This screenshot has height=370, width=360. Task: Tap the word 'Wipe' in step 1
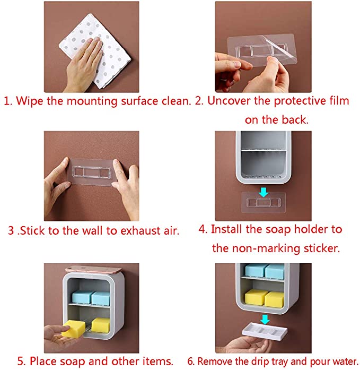click(x=30, y=101)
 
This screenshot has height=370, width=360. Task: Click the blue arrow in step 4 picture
click(x=263, y=192)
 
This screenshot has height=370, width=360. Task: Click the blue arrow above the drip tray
click(x=265, y=319)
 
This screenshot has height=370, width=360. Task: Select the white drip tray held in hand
click(x=265, y=331)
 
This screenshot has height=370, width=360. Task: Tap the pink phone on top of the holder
click(x=93, y=270)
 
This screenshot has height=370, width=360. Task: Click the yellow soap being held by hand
click(x=73, y=328)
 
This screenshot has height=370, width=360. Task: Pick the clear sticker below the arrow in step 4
click(x=264, y=202)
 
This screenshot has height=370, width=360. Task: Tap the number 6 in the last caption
click(x=190, y=362)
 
